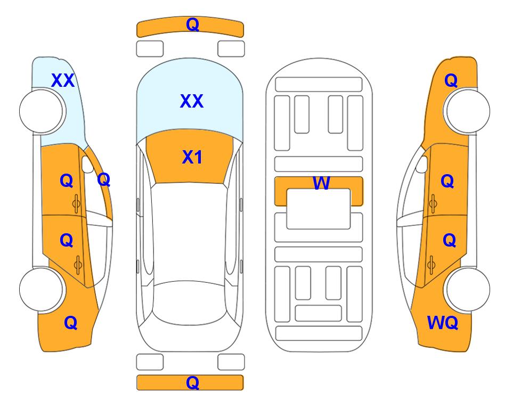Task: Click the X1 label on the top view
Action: [192, 157]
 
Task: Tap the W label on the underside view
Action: [321, 183]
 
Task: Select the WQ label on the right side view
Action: [442, 323]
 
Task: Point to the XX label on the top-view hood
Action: [192, 101]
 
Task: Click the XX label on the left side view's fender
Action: [63, 80]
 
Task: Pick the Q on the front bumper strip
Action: [192, 24]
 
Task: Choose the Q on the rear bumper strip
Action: [192, 382]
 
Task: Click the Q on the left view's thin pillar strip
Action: [104, 179]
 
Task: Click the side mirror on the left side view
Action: [87, 164]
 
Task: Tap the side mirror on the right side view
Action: [421, 164]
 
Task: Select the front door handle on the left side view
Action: [77, 203]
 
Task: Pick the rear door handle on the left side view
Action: [78, 265]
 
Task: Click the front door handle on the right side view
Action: [433, 203]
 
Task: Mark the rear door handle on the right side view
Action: [431, 265]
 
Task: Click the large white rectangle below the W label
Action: [319, 209]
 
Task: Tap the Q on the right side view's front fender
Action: [451, 80]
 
